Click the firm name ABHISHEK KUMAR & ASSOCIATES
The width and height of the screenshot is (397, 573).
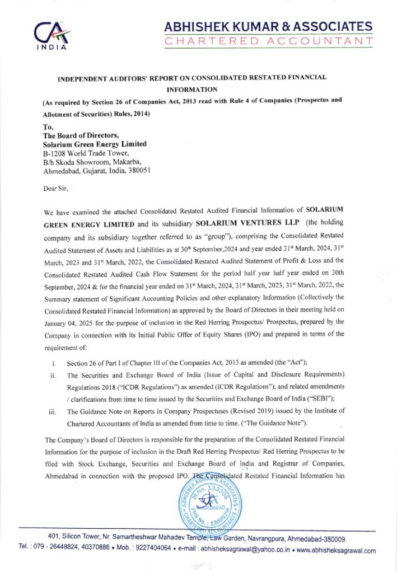pos(268,26)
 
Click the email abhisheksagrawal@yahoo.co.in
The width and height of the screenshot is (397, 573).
pos(249,549)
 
